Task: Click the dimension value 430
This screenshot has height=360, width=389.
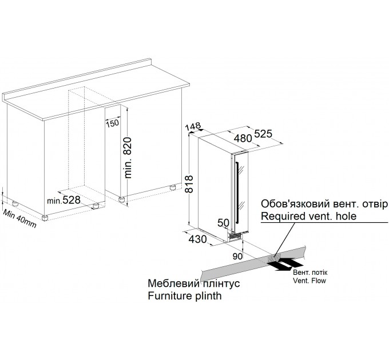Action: (x=197, y=239)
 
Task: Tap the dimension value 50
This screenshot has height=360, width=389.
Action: (x=224, y=222)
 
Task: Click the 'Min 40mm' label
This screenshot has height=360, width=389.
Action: (x=18, y=218)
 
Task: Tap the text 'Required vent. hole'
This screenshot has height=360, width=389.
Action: (x=308, y=216)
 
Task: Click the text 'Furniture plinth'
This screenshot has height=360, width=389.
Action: (x=184, y=297)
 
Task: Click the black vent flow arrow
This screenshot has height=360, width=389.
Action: (x=287, y=265)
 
